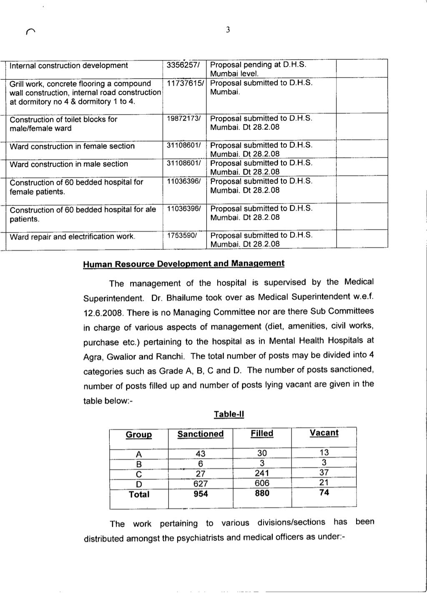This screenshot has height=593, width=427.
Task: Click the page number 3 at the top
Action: tap(228, 30)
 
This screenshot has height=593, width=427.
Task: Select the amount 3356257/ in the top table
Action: tap(183, 65)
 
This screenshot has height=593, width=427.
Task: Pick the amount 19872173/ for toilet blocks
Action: tap(184, 119)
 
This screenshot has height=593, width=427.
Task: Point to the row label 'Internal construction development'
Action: tap(68, 65)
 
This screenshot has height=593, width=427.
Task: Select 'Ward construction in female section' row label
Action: tap(72, 146)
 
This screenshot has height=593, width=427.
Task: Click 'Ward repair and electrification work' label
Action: tap(73, 237)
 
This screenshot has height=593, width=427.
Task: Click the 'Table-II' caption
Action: tap(229, 414)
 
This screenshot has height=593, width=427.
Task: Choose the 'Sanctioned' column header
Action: tap(200, 434)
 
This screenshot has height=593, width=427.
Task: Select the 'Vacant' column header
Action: tap(324, 433)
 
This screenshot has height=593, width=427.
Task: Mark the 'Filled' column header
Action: tap(262, 434)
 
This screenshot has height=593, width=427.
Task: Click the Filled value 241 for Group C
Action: tap(262, 473)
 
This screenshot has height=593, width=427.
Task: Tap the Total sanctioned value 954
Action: tap(201, 494)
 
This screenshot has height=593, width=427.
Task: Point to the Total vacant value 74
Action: tap(324, 492)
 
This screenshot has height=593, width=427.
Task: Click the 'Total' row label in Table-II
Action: tap(139, 494)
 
